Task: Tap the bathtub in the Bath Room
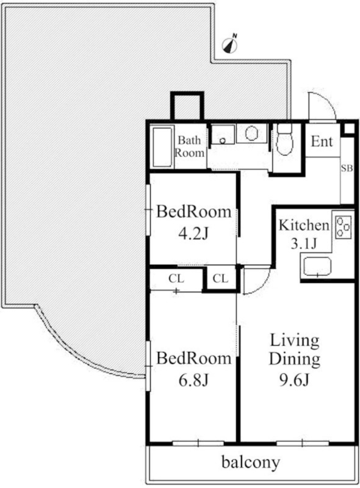click(x=162, y=147)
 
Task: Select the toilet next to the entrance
click(x=284, y=140)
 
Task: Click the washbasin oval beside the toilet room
click(x=251, y=134)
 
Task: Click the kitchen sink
click(x=317, y=267)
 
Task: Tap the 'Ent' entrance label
click(x=322, y=142)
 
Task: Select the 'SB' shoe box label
click(x=347, y=168)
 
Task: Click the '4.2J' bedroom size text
click(x=193, y=233)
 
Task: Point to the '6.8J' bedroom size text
click(x=193, y=379)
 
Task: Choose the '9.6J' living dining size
click(x=293, y=379)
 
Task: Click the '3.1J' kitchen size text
click(x=303, y=244)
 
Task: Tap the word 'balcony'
click(x=251, y=462)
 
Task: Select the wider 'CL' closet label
click(x=176, y=279)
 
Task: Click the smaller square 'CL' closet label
click(x=220, y=279)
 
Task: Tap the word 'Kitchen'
click(x=304, y=225)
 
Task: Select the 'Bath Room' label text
click(x=189, y=146)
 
